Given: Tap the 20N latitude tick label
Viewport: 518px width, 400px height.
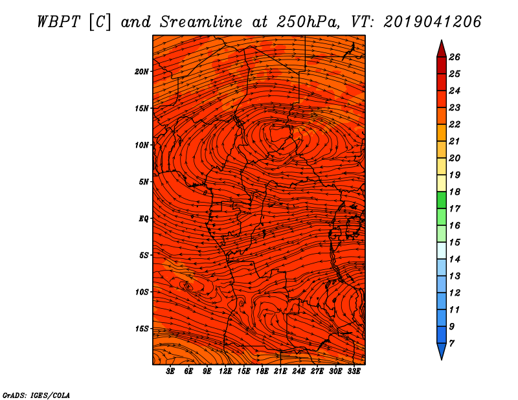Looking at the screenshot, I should coord(142,71).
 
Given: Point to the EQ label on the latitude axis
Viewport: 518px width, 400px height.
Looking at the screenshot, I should coord(144,218).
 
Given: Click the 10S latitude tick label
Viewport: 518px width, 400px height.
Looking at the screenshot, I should coord(142,292).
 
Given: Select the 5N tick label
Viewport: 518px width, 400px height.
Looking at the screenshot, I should coord(144,181).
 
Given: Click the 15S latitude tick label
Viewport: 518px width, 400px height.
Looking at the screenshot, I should coord(142,329).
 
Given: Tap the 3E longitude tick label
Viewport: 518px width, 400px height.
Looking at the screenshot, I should coord(170,372).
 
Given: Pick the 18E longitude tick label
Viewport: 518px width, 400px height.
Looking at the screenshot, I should coord(262,372).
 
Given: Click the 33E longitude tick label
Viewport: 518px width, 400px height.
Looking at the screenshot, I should coord(354,372).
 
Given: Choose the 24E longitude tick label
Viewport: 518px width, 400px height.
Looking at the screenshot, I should coord(299,372).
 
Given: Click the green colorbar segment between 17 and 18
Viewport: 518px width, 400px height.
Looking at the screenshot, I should coord(441,200).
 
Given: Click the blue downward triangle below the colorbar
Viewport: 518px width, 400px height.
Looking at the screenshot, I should coord(441,351).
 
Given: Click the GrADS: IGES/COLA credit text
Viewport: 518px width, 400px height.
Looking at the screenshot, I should coord(36,394).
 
